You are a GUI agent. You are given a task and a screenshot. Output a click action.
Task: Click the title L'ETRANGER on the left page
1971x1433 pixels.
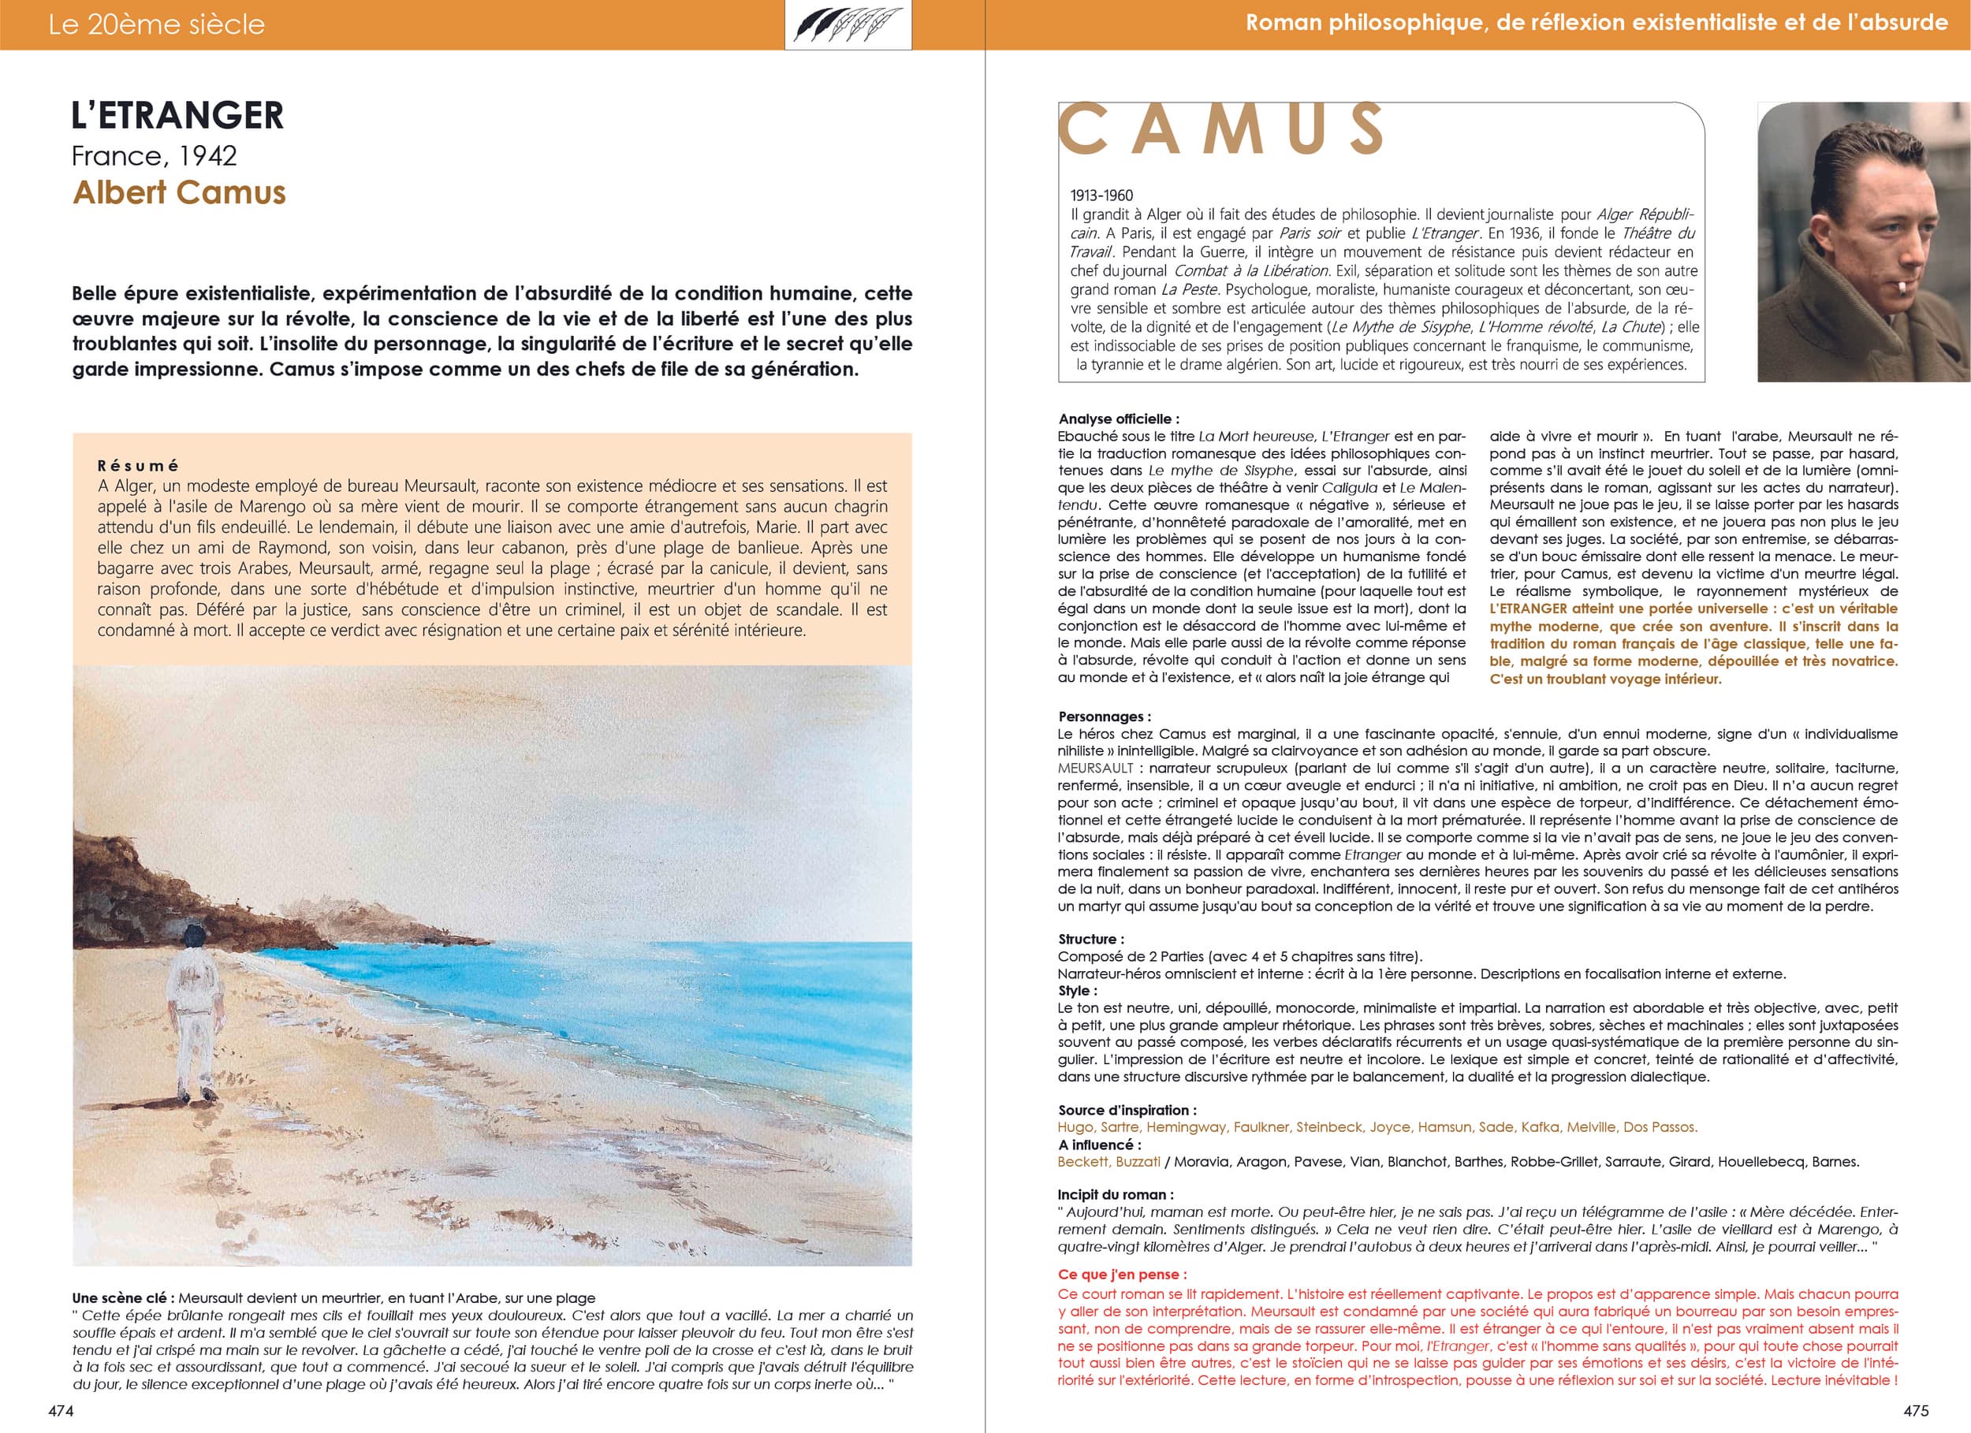(177, 116)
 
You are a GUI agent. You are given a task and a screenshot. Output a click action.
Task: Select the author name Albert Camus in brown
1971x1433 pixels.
(179, 192)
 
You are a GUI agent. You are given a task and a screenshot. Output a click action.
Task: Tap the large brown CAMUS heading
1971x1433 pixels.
(1220, 129)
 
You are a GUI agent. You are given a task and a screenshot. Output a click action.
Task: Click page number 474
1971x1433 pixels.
(61, 1411)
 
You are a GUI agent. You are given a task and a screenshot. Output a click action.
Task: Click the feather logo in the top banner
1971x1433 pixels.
(848, 24)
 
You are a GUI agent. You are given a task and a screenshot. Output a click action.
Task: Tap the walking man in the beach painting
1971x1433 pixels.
(193, 1012)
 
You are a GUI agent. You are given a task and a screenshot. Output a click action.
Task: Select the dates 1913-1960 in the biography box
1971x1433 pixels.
(1101, 195)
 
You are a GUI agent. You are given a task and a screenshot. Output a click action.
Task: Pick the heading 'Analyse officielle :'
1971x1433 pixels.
(1119, 419)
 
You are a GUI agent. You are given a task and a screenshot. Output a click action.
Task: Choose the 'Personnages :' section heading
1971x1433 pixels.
(1104, 717)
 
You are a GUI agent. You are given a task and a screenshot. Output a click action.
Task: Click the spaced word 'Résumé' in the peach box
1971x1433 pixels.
(137, 466)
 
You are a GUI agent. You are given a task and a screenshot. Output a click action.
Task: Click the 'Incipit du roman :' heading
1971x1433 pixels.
(1115, 1195)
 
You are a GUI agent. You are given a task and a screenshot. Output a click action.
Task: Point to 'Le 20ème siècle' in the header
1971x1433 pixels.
(156, 24)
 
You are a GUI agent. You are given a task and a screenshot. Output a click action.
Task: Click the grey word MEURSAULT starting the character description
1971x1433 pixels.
(1095, 769)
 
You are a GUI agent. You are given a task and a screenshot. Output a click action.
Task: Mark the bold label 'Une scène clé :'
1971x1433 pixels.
(122, 1298)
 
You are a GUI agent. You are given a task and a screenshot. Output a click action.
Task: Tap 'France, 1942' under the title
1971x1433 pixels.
(154, 156)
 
